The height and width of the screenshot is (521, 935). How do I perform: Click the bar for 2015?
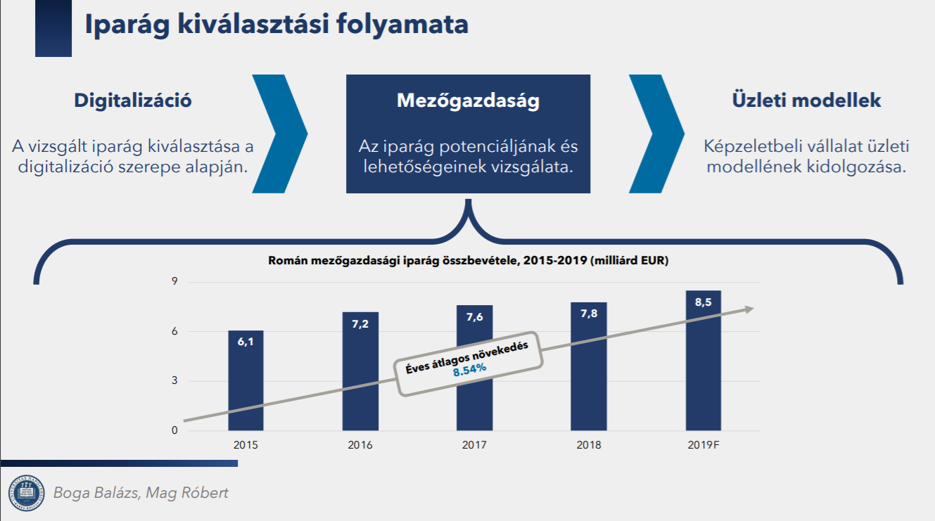pyautogui.click(x=246, y=380)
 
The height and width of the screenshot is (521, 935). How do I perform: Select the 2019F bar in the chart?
pyautogui.click(x=704, y=361)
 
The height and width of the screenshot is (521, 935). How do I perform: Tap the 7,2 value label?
pyautogui.click(x=360, y=324)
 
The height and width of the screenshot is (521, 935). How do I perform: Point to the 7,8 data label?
pyautogui.click(x=589, y=314)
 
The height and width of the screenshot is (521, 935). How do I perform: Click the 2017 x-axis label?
pyautogui.click(x=474, y=445)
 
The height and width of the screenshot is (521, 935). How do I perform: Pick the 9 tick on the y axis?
pyautogui.click(x=174, y=281)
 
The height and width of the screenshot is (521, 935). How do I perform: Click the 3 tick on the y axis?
pyautogui.click(x=174, y=380)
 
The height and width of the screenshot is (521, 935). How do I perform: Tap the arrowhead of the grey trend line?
pyautogui.click(x=749, y=309)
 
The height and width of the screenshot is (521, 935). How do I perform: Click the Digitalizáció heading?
pyautogui.click(x=133, y=101)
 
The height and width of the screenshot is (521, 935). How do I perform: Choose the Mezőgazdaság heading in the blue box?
pyautogui.click(x=468, y=101)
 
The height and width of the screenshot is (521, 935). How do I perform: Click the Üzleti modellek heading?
pyautogui.click(x=806, y=100)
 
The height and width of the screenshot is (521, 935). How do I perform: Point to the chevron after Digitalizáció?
pyautogui.click(x=280, y=134)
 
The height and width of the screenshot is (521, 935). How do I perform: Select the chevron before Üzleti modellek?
pyautogui.click(x=656, y=134)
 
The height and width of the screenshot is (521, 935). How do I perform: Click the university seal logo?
pyautogui.click(x=26, y=493)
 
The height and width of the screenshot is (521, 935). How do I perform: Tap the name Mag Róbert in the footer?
pyautogui.click(x=187, y=493)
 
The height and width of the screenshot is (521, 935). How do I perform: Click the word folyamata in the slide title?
pyautogui.click(x=402, y=24)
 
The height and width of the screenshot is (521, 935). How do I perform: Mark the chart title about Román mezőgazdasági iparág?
pyautogui.click(x=468, y=261)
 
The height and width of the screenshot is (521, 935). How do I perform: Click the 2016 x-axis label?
pyautogui.click(x=360, y=445)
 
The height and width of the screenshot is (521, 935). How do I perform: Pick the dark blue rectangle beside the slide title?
pyautogui.click(x=53, y=28)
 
